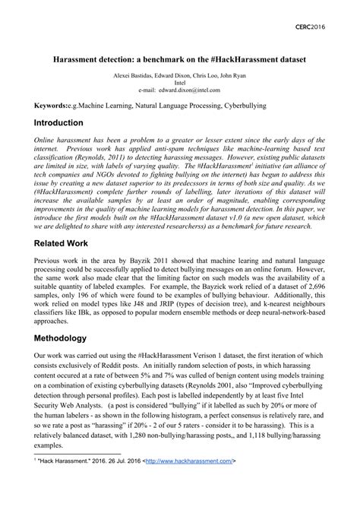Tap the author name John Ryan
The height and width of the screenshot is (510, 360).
point(227,76)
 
